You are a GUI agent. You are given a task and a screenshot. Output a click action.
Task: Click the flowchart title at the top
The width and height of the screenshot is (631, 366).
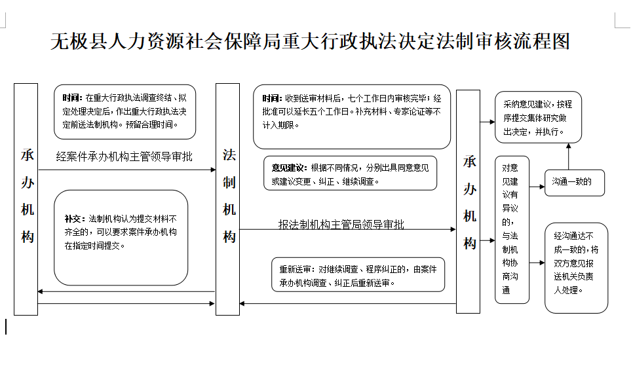(x=310, y=41)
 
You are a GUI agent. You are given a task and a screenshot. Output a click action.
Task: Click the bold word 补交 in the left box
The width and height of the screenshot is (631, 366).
(x=73, y=219)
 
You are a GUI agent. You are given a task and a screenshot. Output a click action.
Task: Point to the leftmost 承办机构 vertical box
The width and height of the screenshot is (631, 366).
(x=26, y=196)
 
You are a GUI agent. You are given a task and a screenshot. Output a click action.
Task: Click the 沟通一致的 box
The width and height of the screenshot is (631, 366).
(x=571, y=182)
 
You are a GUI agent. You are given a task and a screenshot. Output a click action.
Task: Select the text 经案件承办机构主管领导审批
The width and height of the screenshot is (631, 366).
(x=124, y=156)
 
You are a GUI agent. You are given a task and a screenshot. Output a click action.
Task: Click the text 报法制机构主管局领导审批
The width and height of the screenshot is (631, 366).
(x=341, y=224)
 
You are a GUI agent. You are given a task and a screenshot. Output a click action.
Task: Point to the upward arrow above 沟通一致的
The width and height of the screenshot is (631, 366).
(x=569, y=156)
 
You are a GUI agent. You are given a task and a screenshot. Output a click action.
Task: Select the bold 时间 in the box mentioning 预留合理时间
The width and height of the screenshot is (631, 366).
(x=73, y=98)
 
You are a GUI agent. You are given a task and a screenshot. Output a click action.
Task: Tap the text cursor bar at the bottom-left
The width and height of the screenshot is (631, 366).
(x=6, y=326)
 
